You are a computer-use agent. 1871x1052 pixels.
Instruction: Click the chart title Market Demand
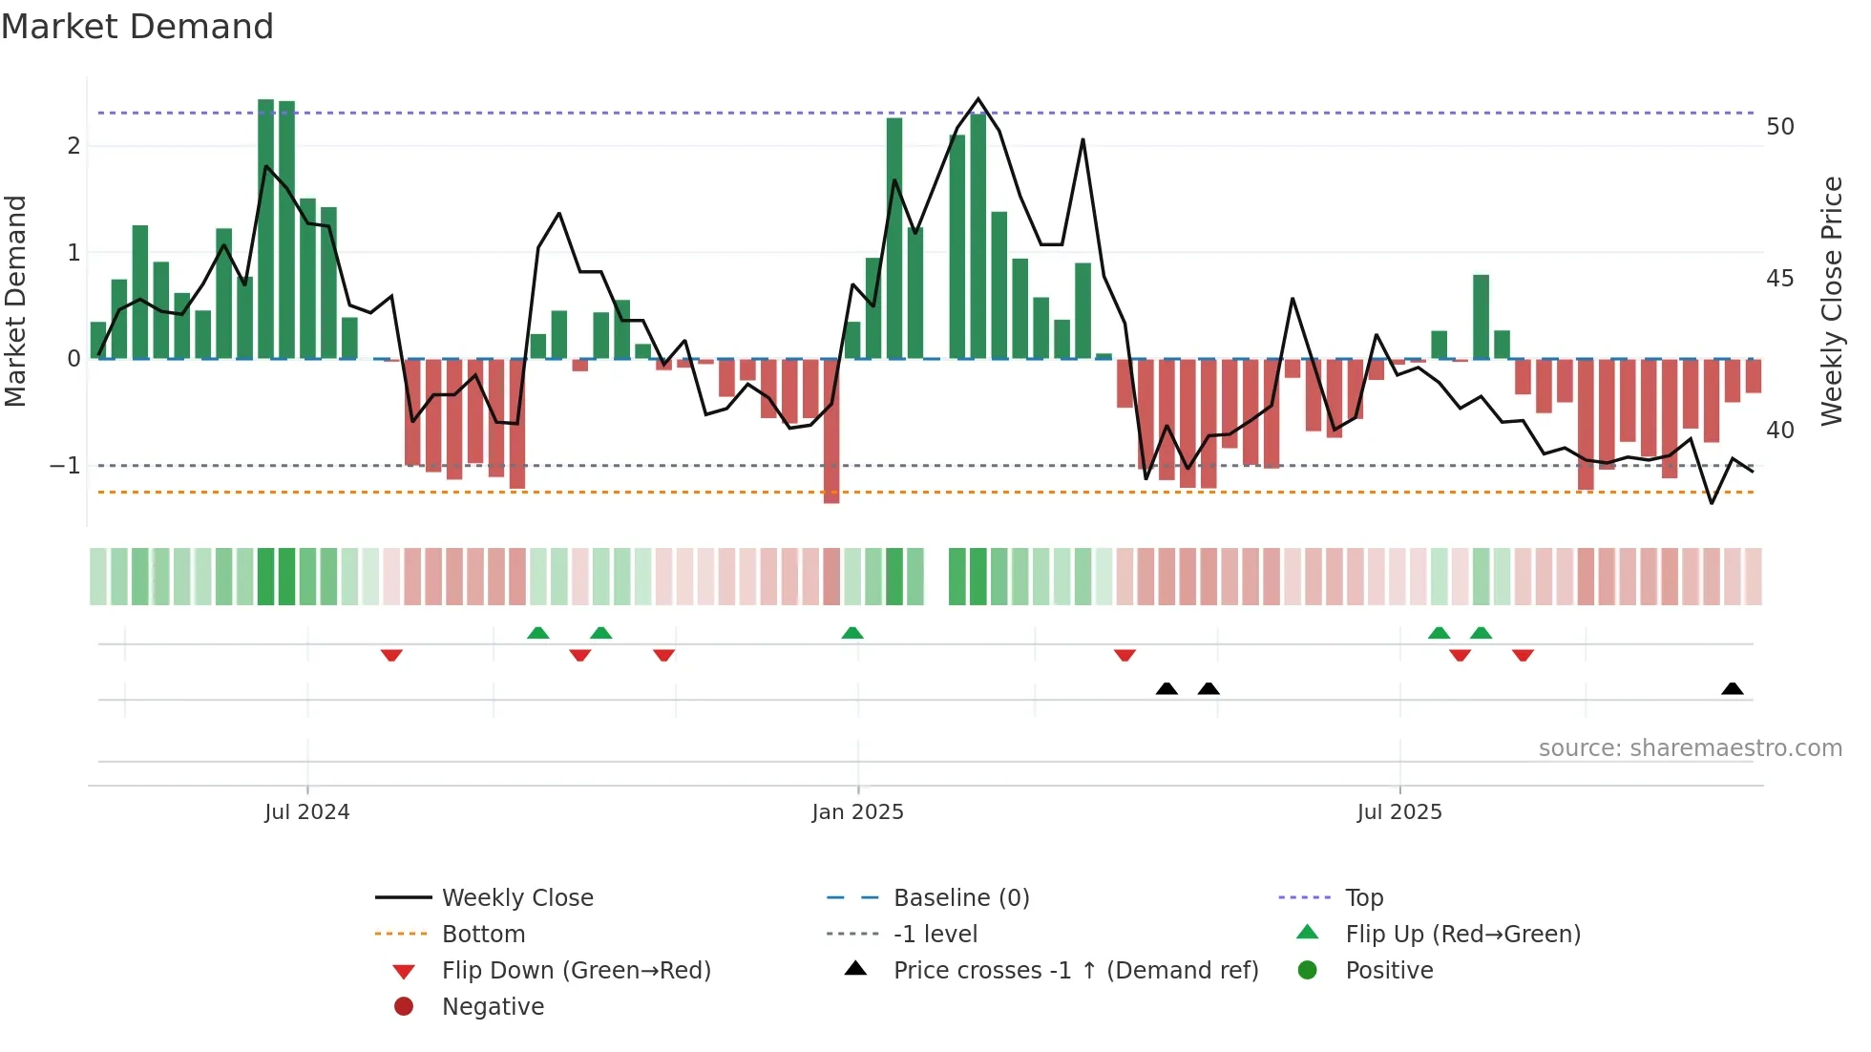(x=137, y=27)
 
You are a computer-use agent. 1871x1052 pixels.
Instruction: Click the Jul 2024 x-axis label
(x=306, y=812)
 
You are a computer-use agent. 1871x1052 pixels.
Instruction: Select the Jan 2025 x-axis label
(x=857, y=812)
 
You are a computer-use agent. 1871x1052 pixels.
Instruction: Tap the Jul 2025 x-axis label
(x=1399, y=812)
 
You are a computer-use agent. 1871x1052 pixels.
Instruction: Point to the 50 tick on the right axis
(x=1779, y=127)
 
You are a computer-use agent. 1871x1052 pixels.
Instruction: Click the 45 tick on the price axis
(x=1779, y=279)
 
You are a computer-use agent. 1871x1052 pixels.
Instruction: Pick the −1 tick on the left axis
(x=66, y=466)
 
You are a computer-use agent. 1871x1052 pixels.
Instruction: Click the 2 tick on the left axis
(x=74, y=146)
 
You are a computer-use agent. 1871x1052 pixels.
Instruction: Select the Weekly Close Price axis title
(x=1831, y=301)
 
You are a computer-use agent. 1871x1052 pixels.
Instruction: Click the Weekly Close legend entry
(x=516, y=898)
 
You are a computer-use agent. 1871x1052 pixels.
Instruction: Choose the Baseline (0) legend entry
(x=960, y=898)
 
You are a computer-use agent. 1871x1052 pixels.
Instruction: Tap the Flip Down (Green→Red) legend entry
(x=576, y=971)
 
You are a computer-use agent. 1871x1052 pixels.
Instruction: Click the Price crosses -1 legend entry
(x=1075, y=971)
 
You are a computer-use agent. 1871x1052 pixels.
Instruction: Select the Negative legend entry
(x=493, y=1007)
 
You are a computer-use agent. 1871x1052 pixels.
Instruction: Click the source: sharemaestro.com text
(x=1690, y=748)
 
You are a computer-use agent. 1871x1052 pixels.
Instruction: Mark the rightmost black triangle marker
(x=1732, y=689)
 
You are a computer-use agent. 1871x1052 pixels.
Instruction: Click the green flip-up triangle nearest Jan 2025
(x=852, y=633)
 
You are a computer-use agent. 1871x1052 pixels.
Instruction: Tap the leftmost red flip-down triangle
(x=391, y=655)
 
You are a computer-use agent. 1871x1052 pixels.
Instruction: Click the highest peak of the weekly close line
(x=978, y=99)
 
